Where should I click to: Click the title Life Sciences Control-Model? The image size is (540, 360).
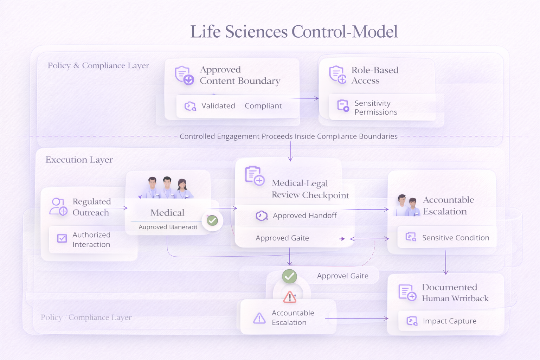[294, 32]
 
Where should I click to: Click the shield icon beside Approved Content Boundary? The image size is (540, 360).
[184, 75]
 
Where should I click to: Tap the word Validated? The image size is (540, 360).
[218, 106]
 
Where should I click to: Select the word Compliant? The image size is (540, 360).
[263, 106]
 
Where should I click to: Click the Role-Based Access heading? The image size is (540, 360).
[375, 75]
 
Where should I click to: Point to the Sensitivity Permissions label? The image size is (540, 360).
[375, 108]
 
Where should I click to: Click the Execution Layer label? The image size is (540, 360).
[79, 160]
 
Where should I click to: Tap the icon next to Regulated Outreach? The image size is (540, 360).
[58, 207]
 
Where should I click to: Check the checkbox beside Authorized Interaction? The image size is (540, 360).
[62, 239]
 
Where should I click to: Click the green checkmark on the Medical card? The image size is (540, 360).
[212, 220]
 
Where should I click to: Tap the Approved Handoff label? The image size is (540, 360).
[304, 216]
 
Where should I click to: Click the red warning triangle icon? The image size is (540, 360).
[290, 297]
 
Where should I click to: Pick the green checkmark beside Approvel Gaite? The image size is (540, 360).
[289, 276]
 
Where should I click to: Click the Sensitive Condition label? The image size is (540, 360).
[455, 238]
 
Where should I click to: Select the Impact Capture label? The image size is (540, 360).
[449, 321]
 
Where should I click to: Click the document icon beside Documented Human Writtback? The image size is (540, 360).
[407, 292]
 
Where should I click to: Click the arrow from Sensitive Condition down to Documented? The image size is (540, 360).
[446, 262]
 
